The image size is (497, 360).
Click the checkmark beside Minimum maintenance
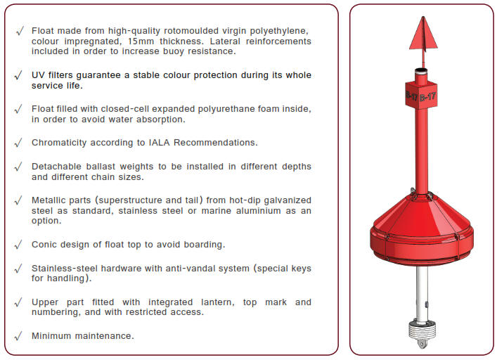pos(18,336)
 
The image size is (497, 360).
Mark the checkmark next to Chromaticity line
pos(18,143)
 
